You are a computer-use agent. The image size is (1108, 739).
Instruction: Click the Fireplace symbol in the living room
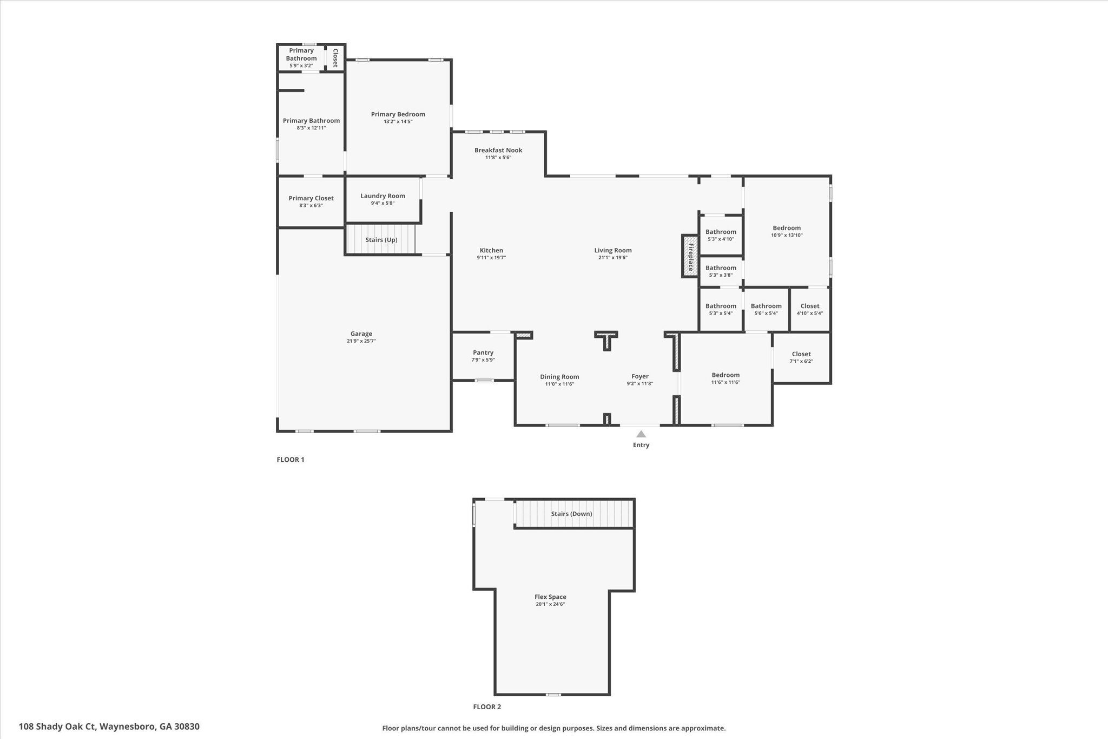coord(690,257)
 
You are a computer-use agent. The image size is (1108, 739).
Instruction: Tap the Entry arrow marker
coord(641,434)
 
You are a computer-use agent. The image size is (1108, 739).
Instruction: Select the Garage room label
coord(361,334)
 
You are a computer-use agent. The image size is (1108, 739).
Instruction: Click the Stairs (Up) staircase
coord(381,240)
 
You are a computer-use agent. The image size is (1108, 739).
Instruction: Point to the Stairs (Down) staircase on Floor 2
coord(573,514)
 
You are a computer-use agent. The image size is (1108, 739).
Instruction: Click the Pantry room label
coord(483,352)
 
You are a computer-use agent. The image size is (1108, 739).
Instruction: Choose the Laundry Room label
coord(382,196)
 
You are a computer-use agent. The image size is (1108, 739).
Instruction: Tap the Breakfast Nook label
coord(498,150)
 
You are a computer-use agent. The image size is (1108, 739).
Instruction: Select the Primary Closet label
coord(311,198)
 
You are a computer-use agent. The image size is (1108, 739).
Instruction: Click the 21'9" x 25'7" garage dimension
coord(361,341)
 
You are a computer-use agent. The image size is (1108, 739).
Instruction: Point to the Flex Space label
coord(550,597)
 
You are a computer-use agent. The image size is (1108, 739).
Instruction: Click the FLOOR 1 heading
coord(291,460)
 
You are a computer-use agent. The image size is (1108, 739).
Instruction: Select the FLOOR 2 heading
coord(487,707)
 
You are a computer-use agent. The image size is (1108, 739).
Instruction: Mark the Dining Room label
coord(559,377)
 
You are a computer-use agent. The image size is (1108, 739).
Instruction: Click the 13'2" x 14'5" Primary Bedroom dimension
coord(398,121)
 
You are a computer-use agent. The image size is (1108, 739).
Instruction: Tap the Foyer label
coord(640,376)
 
